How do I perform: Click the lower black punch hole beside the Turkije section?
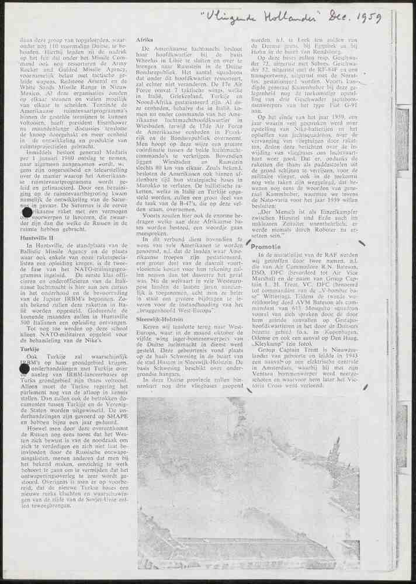click(25, 368)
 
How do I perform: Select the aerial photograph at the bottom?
click(248, 483)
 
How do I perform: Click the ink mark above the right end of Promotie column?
click(363, 242)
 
